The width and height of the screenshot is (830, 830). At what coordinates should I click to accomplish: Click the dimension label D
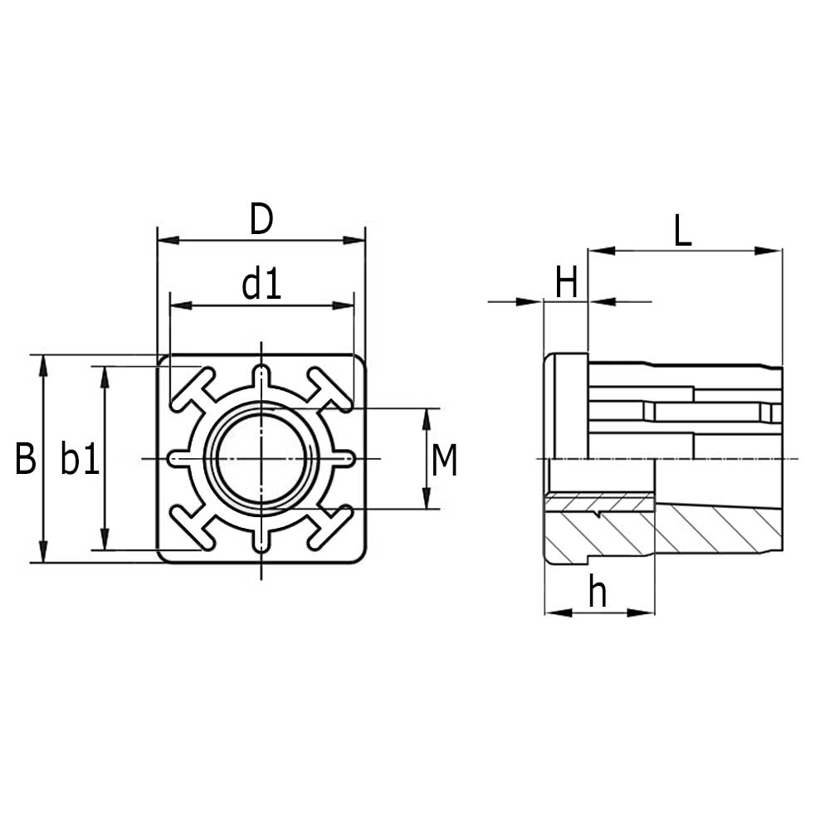261,220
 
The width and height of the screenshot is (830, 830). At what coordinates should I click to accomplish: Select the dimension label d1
261,286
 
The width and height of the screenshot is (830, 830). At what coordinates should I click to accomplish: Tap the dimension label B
26,459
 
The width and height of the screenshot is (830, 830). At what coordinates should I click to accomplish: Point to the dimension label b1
80,459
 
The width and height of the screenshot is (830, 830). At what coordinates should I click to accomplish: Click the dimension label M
445,461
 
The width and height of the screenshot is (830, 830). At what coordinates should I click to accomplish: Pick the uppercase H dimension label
566,284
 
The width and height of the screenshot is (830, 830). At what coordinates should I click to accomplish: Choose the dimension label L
682,232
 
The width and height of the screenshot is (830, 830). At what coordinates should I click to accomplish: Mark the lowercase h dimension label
598,593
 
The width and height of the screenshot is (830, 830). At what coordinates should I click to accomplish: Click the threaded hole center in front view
261,458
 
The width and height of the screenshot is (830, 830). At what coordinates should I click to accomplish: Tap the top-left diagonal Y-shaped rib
193,390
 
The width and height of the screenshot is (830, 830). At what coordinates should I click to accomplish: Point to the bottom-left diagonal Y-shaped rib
193,527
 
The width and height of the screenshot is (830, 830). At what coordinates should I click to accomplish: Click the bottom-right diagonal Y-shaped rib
330,527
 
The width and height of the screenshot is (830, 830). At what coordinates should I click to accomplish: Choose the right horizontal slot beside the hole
339,458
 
